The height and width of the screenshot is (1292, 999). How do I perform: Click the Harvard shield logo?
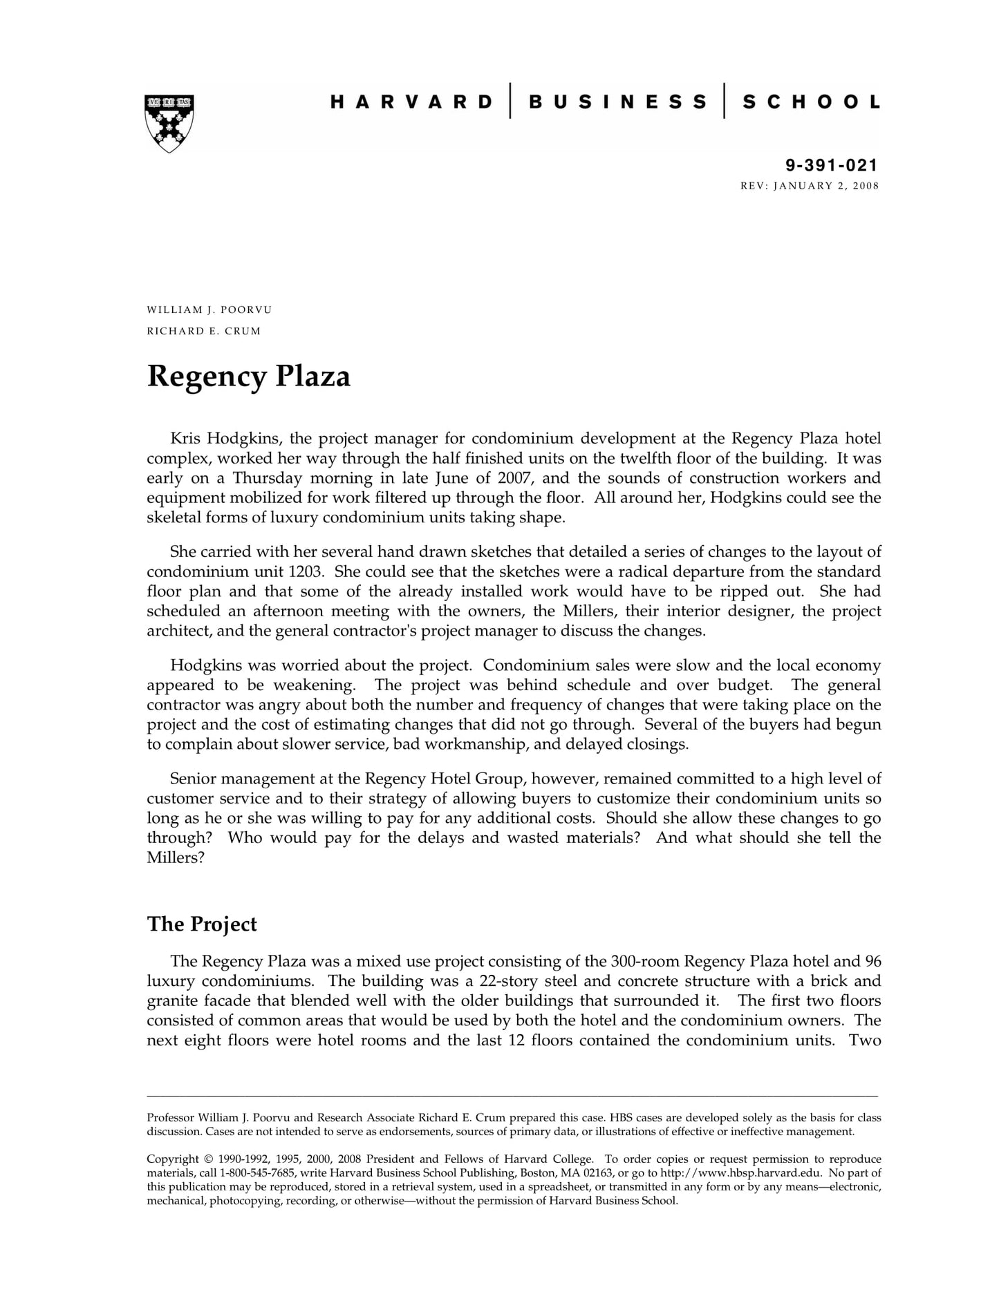tap(169, 123)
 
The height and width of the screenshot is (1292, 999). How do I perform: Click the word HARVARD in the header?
tap(411, 102)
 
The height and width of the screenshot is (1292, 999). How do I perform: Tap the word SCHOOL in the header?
tap(811, 102)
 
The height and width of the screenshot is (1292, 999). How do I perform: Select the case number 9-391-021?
tap(831, 165)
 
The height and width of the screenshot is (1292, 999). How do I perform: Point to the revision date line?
tap(810, 186)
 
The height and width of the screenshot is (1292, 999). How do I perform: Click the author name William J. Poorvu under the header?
tap(209, 310)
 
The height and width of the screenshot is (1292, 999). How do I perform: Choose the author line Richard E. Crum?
tap(204, 331)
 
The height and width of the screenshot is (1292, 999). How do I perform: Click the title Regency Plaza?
tap(249, 377)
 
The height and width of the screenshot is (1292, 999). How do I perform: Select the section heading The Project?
tap(202, 924)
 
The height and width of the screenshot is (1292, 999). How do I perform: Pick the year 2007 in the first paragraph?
tap(514, 478)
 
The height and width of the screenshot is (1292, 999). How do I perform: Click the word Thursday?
tap(268, 478)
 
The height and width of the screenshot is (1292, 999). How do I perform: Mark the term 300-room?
tap(645, 962)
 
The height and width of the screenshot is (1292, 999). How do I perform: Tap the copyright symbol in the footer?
tap(208, 1159)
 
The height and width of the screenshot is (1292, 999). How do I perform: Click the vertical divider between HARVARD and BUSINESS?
tap(511, 101)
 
